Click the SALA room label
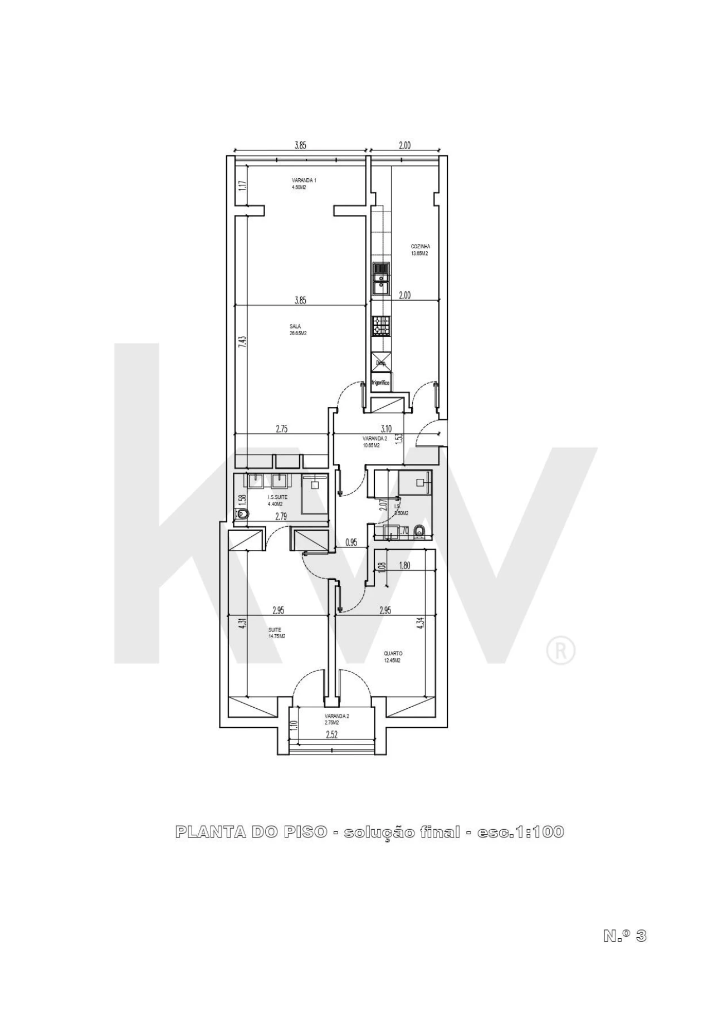click(295, 326)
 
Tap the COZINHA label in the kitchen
click(420, 246)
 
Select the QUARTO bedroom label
click(393, 654)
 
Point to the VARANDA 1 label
click(304, 180)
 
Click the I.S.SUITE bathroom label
click(277, 497)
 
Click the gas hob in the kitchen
click(382, 326)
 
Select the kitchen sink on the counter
click(382, 280)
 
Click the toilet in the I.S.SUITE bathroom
click(241, 516)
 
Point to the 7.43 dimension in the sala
click(241, 341)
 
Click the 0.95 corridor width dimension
click(351, 541)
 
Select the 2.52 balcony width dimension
click(331, 734)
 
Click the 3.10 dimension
click(386, 429)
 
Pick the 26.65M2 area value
click(298, 334)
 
